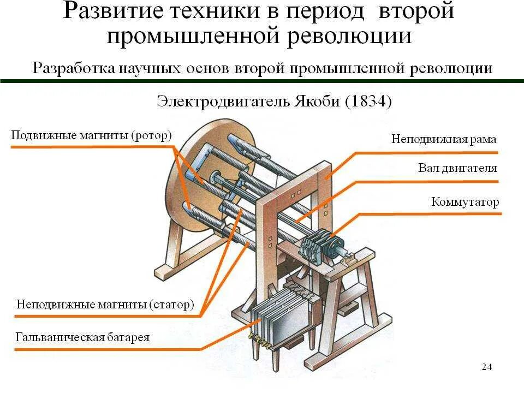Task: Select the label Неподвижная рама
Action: [x=443, y=139]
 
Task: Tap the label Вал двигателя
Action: [x=457, y=168]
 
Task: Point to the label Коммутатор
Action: [x=465, y=202]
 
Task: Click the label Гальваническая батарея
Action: [x=82, y=337]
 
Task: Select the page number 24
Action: [x=487, y=367]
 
